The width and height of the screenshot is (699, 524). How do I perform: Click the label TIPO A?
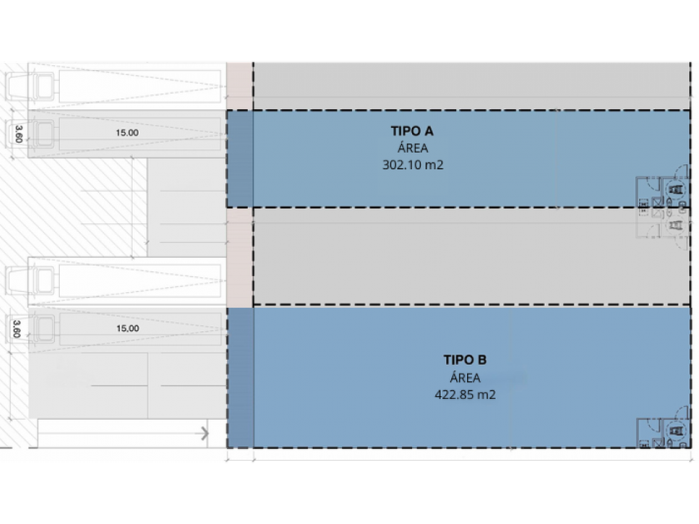[x=412, y=131]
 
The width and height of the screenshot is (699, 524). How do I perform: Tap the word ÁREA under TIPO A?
[x=412, y=148]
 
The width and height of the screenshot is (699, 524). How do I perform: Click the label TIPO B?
[x=464, y=360]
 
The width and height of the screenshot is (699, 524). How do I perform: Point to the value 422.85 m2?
[x=465, y=395]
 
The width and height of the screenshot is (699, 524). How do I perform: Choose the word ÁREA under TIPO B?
[x=464, y=378]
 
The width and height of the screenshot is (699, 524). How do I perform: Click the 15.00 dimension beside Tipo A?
[x=127, y=131]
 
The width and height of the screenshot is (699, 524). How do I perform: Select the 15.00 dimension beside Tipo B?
[x=127, y=329]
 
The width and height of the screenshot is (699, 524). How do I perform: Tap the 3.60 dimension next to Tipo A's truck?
[x=18, y=133]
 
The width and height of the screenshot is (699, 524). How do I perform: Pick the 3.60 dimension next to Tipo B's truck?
[x=18, y=329]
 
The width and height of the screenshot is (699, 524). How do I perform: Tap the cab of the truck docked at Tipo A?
[x=42, y=133]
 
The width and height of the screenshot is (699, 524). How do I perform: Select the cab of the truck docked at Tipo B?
[x=42, y=329]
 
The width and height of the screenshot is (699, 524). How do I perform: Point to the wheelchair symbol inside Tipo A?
[x=678, y=190]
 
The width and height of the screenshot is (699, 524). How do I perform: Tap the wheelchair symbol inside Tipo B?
[x=678, y=432]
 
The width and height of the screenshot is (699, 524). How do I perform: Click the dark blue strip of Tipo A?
[x=240, y=159]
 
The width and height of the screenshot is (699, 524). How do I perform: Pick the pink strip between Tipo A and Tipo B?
[x=240, y=256]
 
